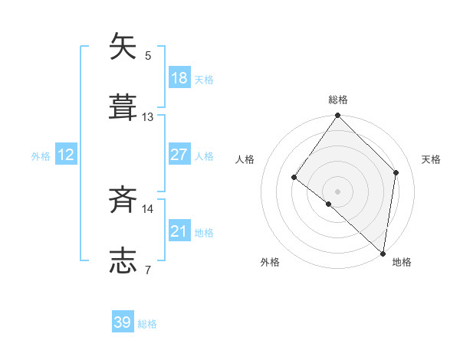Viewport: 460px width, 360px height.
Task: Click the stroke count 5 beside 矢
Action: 148,55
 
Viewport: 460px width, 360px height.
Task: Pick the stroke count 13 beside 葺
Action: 148,116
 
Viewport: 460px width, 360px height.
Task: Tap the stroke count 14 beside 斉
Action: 148,208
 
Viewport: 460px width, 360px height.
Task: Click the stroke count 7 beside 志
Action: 148,269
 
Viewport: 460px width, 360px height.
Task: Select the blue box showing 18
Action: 179,78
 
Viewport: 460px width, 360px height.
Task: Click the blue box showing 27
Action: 179,155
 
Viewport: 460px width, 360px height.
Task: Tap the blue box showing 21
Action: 179,231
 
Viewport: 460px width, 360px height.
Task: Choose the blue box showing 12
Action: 66,155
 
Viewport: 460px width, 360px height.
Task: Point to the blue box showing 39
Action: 123,322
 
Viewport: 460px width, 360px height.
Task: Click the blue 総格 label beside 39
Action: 147,324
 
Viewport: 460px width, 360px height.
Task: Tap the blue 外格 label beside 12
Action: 41,156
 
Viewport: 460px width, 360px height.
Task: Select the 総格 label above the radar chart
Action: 338,100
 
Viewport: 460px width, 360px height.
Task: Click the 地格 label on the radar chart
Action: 402,262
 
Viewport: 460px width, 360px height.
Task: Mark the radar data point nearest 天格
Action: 396,172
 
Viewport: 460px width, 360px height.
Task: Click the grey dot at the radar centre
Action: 338,191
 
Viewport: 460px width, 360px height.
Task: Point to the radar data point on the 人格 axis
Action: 294,178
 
